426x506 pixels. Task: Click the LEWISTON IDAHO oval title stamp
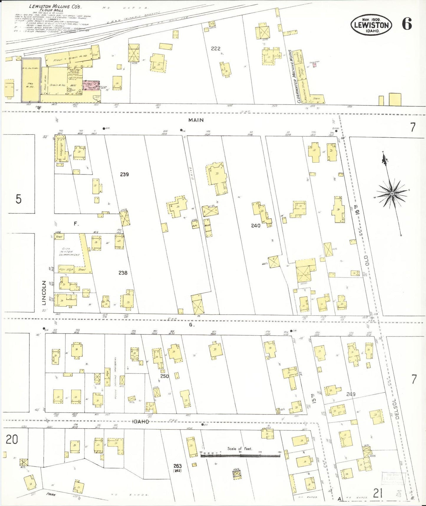coord(371,25)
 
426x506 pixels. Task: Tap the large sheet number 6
coord(407,24)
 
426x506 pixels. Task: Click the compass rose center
coord(392,193)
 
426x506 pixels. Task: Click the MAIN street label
coord(196,120)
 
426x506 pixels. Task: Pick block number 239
coord(124,174)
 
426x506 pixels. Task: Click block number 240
coord(256,226)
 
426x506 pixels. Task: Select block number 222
coord(216,48)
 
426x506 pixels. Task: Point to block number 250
coord(165,376)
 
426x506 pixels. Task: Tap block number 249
coord(351,394)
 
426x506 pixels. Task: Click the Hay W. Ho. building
coord(30,80)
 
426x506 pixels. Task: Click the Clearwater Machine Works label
coord(298,76)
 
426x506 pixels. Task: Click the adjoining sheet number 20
coord(12,440)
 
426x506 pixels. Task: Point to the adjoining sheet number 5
coord(18,199)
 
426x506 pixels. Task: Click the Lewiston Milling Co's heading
coord(52,6)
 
